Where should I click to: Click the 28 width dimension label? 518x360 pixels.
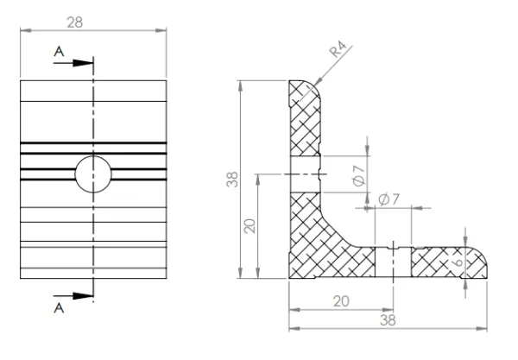point(74,22)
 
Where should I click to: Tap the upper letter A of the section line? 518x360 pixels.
point(59,52)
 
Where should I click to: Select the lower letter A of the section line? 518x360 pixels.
point(59,308)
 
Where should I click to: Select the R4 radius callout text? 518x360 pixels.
point(338,49)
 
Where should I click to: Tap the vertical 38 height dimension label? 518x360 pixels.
point(232,180)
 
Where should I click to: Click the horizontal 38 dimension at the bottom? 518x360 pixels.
point(388,320)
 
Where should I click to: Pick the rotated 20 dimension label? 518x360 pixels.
point(250,226)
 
